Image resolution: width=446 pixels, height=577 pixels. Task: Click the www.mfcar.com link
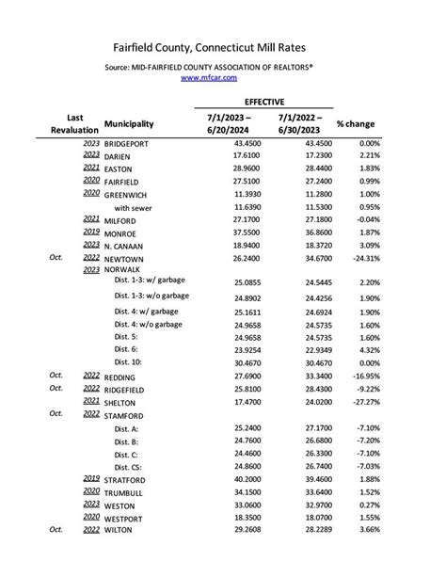tap(222, 78)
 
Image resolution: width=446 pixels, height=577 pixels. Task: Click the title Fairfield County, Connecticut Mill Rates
tap(222, 46)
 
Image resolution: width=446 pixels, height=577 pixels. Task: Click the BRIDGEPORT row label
tap(135, 142)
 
